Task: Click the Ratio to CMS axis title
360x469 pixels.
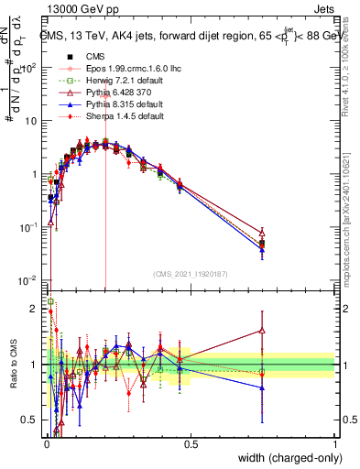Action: pos(12,366)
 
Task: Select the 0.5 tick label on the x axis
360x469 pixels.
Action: pos(191,443)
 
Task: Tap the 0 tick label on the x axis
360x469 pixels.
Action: pos(46,443)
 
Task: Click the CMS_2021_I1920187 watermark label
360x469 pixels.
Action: pos(190,274)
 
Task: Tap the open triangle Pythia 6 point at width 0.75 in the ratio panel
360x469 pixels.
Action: pos(263,331)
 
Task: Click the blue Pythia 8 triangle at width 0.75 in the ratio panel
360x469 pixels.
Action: pos(263,388)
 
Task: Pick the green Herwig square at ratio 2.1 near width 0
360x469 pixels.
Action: pos(50,301)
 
